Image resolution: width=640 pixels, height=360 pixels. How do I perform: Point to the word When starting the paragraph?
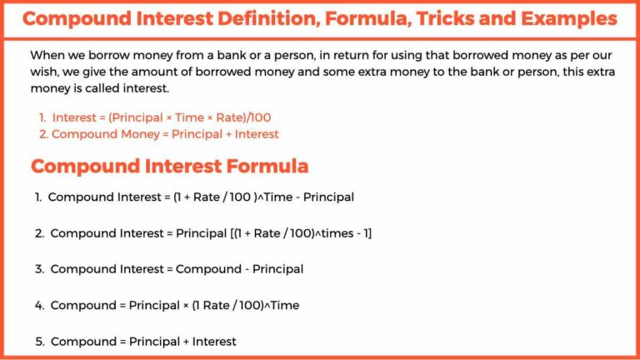(47, 55)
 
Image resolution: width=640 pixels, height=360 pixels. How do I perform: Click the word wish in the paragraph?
(45, 72)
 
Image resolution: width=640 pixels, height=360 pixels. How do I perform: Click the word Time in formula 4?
(282, 305)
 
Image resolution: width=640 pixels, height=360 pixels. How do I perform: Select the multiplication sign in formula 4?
(185, 305)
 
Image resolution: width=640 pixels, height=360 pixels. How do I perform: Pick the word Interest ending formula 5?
(214, 341)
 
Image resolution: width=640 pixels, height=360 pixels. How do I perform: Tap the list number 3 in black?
(38, 269)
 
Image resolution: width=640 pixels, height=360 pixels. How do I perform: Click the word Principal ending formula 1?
(327, 197)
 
